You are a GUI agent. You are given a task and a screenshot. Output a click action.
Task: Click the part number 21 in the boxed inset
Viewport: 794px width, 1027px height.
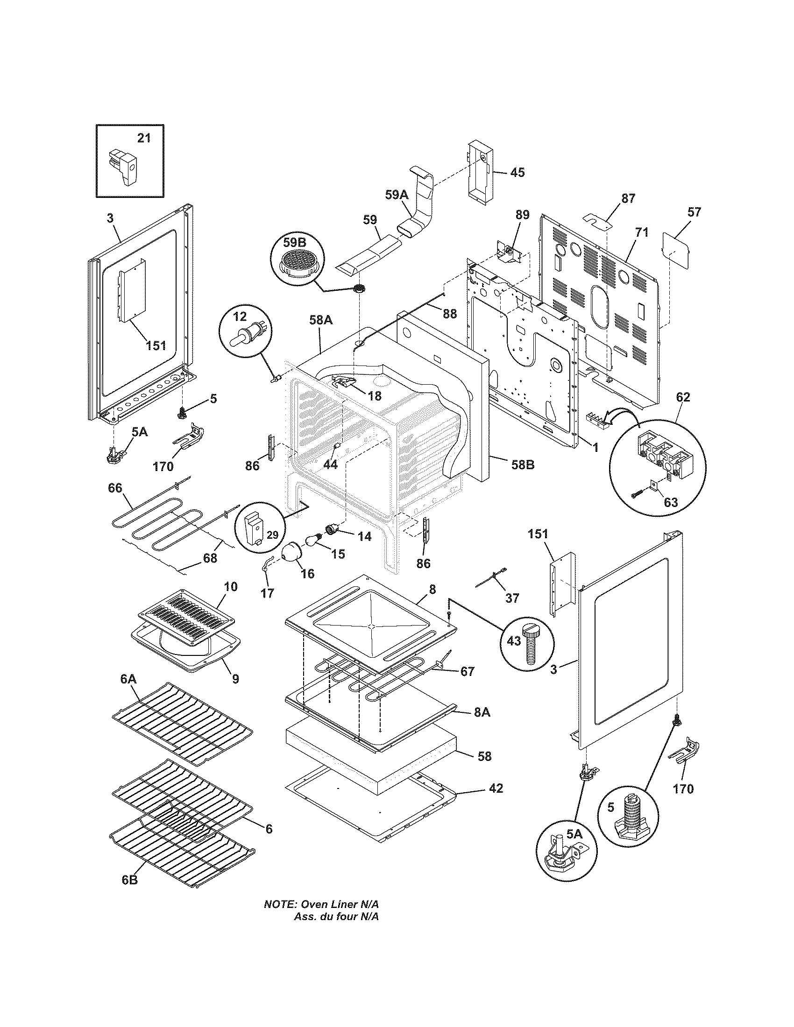[144, 138]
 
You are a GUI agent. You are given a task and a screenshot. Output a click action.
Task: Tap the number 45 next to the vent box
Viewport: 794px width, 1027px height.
[517, 173]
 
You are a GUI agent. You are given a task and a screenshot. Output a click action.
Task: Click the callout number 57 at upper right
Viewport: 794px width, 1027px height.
[694, 212]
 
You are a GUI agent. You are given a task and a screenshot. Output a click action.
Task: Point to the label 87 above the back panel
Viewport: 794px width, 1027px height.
[628, 198]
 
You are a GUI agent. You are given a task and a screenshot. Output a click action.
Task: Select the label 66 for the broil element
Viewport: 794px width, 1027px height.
[115, 488]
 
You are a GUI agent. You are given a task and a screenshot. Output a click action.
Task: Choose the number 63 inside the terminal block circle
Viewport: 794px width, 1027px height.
[671, 502]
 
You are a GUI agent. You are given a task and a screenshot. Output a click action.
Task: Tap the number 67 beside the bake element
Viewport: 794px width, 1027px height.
[467, 671]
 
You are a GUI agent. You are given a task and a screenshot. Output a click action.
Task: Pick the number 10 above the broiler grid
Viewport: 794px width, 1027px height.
[231, 586]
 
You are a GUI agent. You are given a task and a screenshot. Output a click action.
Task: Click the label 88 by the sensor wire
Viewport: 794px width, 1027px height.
[450, 314]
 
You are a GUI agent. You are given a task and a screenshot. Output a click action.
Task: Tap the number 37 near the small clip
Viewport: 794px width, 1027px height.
[512, 598]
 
